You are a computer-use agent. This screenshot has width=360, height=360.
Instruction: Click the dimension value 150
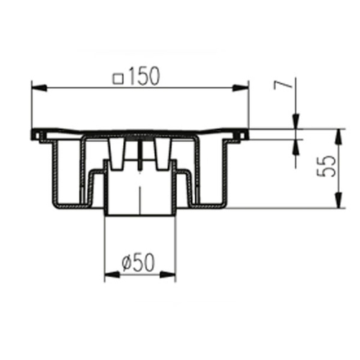[144, 76]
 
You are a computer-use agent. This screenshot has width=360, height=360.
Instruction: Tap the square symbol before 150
[118, 79]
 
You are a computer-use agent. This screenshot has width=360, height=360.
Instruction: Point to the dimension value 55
[326, 166]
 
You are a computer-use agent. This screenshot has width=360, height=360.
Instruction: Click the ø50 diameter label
[138, 262]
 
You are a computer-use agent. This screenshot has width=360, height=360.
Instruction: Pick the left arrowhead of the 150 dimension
[39, 88]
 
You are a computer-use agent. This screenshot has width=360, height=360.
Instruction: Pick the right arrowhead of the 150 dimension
[240, 88]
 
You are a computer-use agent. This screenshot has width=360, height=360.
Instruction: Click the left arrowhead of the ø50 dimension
[112, 274]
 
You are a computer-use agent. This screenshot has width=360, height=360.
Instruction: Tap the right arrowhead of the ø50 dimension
[168, 274]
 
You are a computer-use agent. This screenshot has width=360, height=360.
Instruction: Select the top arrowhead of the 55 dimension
[338, 137]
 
